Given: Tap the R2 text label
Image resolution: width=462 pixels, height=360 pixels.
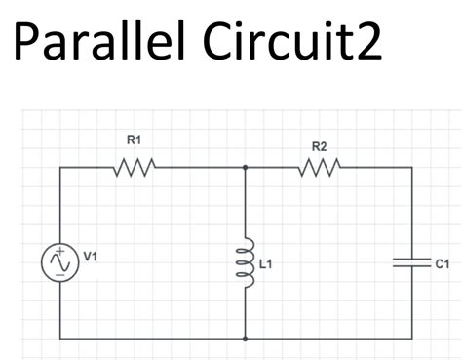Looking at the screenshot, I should tap(319, 146).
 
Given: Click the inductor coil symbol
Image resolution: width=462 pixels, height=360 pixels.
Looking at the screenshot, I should tap(244, 262).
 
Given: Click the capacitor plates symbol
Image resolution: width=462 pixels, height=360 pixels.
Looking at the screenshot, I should tap(411, 262).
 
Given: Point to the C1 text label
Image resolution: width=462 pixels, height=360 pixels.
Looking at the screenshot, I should tap(440, 264).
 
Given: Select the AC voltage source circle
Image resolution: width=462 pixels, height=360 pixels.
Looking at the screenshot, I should tap(59, 262).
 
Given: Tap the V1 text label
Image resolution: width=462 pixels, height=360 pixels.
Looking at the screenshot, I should tap(90, 257).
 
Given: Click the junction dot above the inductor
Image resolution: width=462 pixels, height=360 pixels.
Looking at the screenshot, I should tap(244, 167).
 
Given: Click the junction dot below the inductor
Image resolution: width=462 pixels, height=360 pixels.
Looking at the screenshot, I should tap(244, 339).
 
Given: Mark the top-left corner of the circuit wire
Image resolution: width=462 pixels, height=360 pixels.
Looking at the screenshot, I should tap(59, 167).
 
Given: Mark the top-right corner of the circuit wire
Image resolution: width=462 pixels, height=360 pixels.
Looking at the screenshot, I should tap(411, 167).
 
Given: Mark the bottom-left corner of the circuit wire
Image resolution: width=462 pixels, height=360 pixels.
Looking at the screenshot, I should tap(59, 339).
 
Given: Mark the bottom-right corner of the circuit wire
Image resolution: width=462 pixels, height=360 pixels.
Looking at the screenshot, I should tap(411, 339).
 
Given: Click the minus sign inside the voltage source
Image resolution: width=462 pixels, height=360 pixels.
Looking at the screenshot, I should tap(59, 275).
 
